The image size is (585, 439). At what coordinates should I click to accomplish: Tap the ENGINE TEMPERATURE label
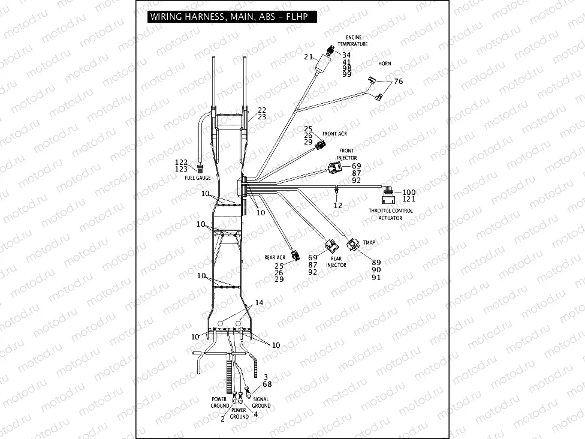pyautogui.click(x=353, y=41)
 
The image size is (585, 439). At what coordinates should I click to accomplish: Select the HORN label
pyautogui.click(x=385, y=63)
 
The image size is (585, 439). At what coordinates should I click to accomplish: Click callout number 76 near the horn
pyautogui.click(x=398, y=82)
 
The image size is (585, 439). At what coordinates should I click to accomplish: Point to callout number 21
pyautogui.click(x=309, y=57)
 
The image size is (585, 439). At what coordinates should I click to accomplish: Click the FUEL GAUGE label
pyautogui.click(x=197, y=178)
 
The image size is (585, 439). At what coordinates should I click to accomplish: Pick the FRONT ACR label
pyautogui.click(x=334, y=134)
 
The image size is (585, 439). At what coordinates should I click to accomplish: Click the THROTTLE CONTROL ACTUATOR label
pyautogui.click(x=390, y=214)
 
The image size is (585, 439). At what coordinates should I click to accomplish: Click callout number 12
pyautogui.click(x=337, y=205)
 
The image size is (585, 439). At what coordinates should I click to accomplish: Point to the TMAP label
pyautogui.click(x=369, y=242)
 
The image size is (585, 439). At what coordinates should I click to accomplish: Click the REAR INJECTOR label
pyautogui.click(x=336, y=261)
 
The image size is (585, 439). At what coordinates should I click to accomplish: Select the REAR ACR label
pyautogui.click(x=275, y=257)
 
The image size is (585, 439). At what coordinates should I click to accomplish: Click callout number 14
pyautogui.click(x=258, y=303)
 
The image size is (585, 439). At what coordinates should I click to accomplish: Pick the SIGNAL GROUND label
pyautogui.click(x=261, y=402)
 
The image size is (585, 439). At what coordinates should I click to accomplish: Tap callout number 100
pyautogui.click(x=409, y=192)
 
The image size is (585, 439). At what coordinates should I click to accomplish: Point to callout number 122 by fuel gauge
pyautogui.click(x=181, y=163)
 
